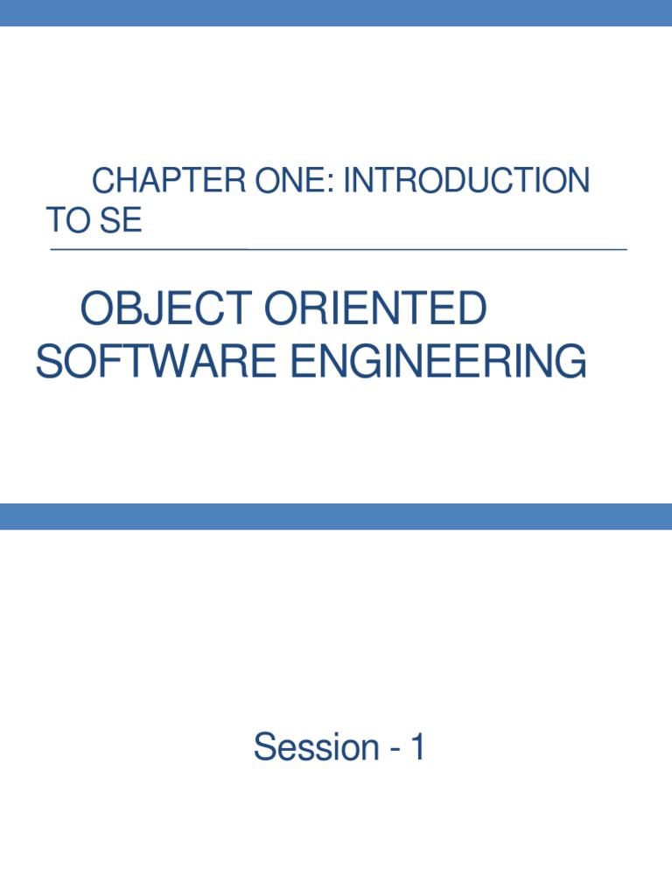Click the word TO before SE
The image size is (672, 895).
point(67,221)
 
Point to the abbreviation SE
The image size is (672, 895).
point(120,221)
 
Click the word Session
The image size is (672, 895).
point(304,747)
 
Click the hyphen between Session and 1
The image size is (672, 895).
point(389,750)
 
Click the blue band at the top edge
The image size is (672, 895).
point(336,12)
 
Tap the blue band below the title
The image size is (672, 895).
point(336,516)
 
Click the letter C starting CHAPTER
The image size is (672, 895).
point(104,182)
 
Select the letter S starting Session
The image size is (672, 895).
point(262,747)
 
